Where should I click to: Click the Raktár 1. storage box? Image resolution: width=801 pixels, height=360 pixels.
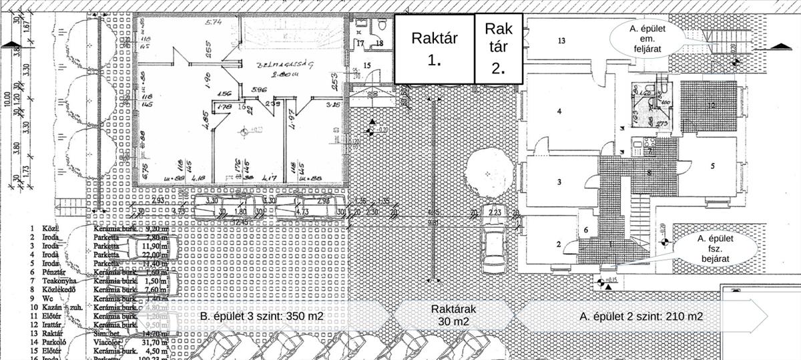(434, 48)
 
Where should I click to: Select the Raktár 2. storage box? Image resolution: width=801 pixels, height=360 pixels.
(499, 48)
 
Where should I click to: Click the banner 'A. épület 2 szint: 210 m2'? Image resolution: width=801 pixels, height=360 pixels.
(641, 316)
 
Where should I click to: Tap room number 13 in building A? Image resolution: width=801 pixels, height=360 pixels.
(561, 41)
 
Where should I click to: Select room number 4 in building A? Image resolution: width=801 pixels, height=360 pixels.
(559, 111)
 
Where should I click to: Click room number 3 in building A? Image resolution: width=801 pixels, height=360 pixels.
(559, 182)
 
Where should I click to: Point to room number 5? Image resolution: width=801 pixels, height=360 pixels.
(712, 165)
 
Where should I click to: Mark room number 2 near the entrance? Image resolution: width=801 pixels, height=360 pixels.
(559, 244)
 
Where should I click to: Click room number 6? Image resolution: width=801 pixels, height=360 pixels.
(585, 230)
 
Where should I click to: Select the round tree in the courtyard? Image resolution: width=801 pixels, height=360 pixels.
(491, 173)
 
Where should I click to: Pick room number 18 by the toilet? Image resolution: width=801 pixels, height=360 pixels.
(379, 43)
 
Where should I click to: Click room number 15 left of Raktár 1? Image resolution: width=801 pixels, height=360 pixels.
(367, 65)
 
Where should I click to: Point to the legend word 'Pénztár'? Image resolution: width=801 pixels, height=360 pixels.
(53, 272)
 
